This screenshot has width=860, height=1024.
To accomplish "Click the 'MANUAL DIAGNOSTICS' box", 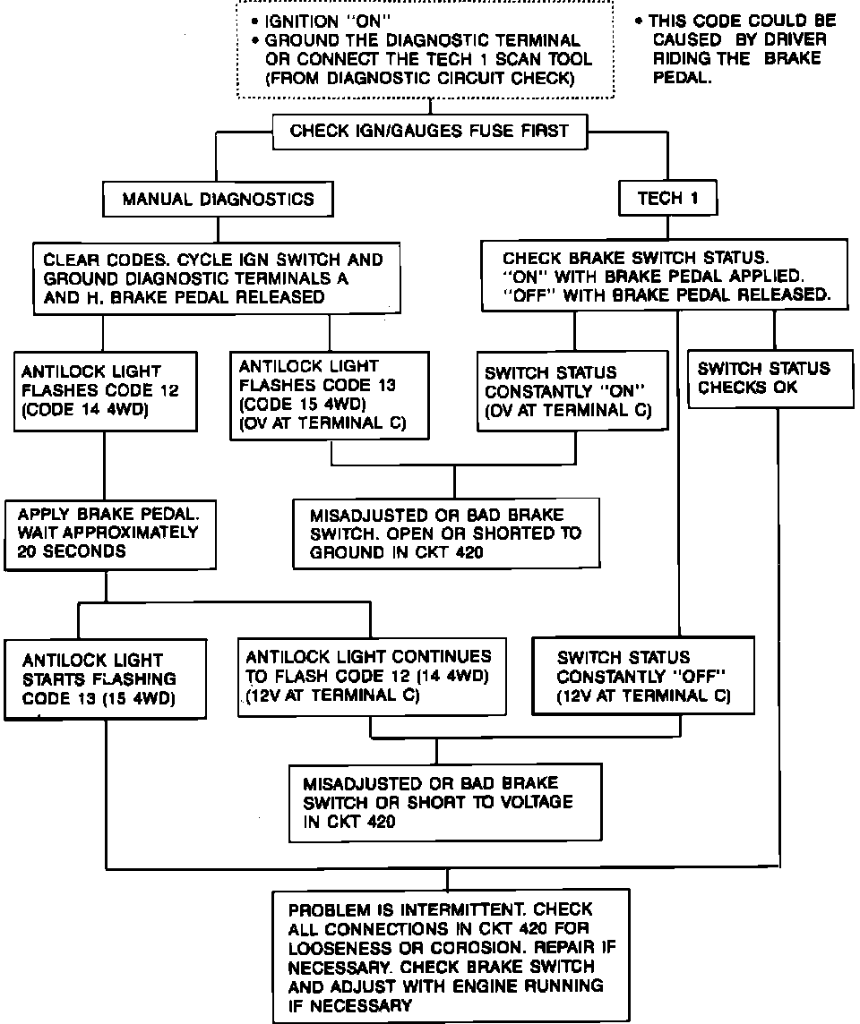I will point(218,199).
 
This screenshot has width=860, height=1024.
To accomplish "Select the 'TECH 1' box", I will point(667,199).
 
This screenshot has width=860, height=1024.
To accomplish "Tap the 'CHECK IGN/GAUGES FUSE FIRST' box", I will point(429,132).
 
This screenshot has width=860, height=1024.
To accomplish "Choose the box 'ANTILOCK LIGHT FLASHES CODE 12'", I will point(106,390).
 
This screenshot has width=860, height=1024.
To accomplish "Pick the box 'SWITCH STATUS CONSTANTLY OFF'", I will point(643,676).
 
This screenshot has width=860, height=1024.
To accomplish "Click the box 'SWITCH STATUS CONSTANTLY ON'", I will point(572,391).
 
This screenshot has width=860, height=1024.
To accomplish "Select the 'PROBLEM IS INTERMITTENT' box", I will point(448,957).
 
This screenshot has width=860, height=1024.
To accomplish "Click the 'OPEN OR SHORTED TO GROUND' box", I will point(451,533).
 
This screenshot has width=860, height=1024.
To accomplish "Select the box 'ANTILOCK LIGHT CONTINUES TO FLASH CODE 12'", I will point(371,676).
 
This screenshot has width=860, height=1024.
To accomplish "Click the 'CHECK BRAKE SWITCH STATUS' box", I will point(664,275).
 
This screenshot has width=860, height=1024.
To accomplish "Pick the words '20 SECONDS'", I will point(66,552).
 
